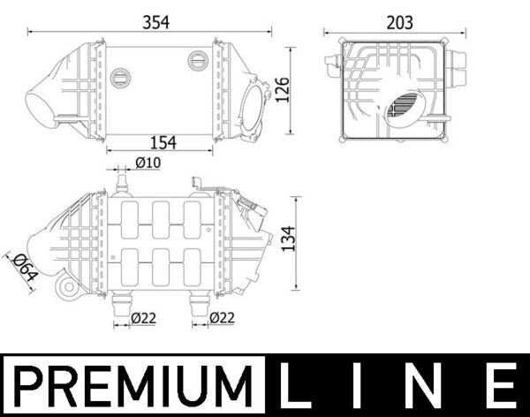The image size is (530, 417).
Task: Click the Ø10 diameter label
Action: [147, 162]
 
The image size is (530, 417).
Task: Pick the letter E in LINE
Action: [501, 387]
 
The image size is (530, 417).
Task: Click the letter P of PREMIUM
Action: [28, 387]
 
